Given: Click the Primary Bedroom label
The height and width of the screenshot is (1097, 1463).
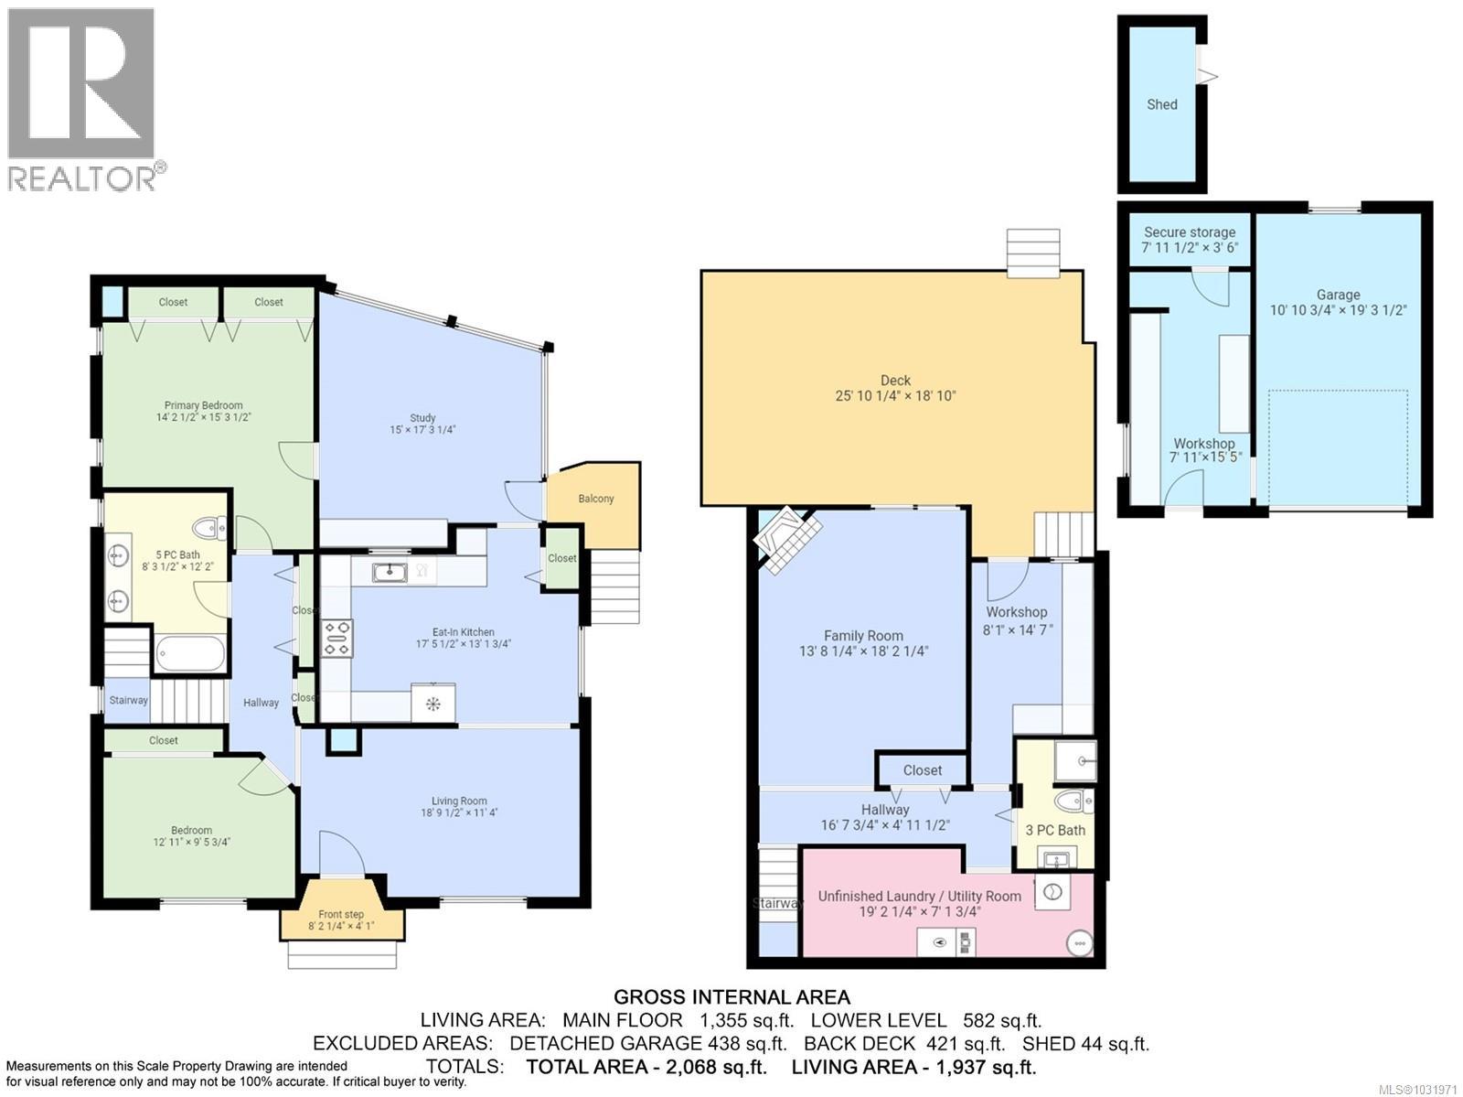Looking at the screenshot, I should (203, 405).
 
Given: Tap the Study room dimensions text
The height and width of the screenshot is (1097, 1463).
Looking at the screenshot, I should (422, 429).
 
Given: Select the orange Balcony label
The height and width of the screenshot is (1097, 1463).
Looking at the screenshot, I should (595, 499).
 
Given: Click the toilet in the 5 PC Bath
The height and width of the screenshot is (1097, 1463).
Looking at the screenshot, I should (211, 528).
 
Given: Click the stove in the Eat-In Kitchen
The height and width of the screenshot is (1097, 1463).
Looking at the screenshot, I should (336, 638).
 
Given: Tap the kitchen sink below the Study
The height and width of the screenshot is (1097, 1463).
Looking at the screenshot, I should (390, 573).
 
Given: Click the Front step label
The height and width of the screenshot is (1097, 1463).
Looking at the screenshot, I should (341, 914).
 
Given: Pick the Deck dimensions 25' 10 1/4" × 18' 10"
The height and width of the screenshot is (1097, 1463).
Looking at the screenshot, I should (895, 396).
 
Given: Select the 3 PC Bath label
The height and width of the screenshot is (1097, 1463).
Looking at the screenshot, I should (1055, 830).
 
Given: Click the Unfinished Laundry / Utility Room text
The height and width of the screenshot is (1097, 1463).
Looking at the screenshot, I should (919, 896).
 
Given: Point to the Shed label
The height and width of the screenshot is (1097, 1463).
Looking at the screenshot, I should (1162, 104).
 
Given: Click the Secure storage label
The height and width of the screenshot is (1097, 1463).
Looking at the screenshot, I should (1189, 232).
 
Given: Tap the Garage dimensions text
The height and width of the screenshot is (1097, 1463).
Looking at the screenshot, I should (1338, 310).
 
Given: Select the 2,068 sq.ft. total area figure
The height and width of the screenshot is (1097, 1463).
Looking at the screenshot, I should (712, 1067).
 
